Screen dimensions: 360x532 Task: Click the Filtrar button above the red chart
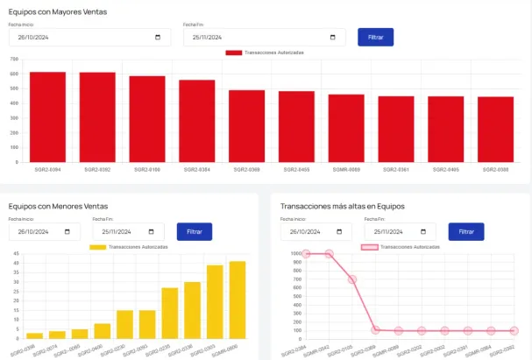pyautogui.click(x=375, y=38)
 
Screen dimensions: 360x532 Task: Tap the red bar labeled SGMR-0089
pyautogui.click(x=346, y=128)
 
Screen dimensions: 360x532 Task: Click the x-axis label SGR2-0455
pyautogui.click(x=296, y=168)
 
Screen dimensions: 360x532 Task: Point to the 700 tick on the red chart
pyautogui.click(x=14, y=60)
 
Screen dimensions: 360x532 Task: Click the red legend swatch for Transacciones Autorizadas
pyautogui.click(x=233, y=53)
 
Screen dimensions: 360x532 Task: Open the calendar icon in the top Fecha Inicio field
pyautogui.click(x=157, y=38)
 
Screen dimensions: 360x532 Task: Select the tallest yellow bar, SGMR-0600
pyautogui.click(x=238, y=300)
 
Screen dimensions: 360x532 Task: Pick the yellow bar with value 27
pyautogui.click(x=169, y=313)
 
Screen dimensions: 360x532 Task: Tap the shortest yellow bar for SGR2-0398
pyautogui.click(x=34, y=335)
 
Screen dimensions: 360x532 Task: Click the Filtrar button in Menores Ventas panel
pyautogui.click(x=195, y=232)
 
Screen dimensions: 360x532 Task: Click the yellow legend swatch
pyautogui.click(x=97, y=247)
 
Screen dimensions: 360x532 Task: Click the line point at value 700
pyautogui.click(x=352, y=279)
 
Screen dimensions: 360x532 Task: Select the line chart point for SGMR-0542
pyautogui.click(x=330, y=254)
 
